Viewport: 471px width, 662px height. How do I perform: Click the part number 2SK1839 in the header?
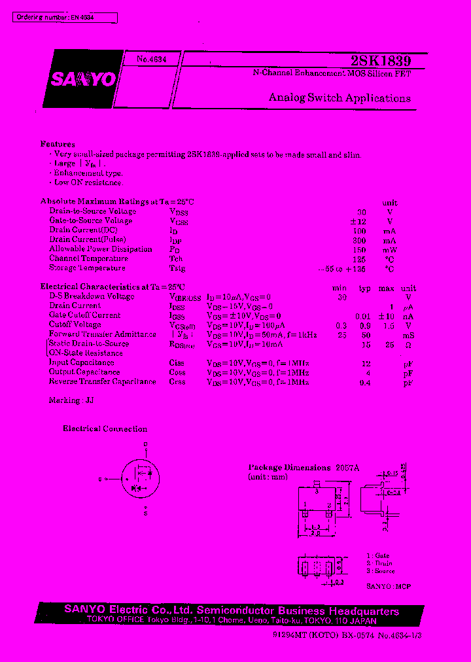click(381, 61)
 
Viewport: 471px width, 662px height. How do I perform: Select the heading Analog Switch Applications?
click(340, 98)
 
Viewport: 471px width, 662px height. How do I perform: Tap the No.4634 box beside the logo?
click(151, 59)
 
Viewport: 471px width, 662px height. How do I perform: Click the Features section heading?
click(58, 144)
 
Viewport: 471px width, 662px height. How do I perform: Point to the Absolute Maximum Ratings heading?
click(117, 202)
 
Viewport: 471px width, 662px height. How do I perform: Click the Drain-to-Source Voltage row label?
click(92, 211)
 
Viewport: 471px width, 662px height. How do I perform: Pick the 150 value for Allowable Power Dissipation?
click(360, 249)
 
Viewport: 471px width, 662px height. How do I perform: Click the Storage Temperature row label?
click(87, 268)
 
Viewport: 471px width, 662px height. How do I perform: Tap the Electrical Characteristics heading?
click(113, 287)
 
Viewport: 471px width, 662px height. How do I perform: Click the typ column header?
click(364, 288)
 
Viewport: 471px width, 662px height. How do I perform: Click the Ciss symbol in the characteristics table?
click(177, 363)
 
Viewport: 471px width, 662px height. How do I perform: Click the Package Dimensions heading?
click(289, 468)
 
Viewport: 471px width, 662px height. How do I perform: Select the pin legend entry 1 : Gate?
click(377, 555)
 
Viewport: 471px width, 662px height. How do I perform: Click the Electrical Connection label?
click(105, 429)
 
